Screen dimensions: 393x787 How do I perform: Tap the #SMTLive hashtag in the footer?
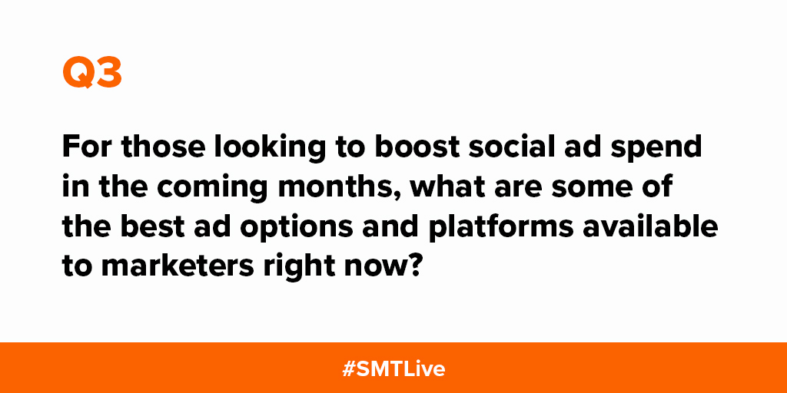[x=393, y=368]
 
